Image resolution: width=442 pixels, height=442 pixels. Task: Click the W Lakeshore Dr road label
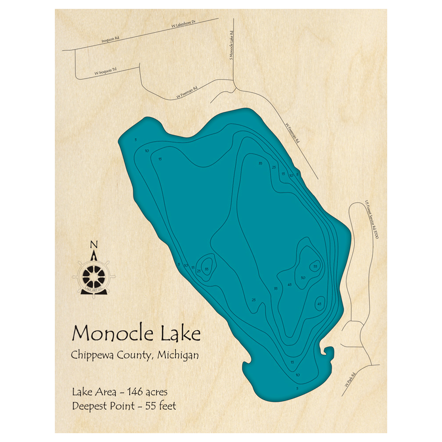pos(183,28)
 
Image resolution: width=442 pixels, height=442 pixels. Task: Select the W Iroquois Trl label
pos(105,71)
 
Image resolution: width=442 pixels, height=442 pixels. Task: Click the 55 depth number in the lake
pos(315,267)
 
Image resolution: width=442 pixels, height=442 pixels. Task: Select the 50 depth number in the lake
pos(303,278)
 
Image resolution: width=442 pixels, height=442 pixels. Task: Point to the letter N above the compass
pos(94,244)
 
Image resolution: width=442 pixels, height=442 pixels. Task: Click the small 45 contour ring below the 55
pos(319,304)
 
